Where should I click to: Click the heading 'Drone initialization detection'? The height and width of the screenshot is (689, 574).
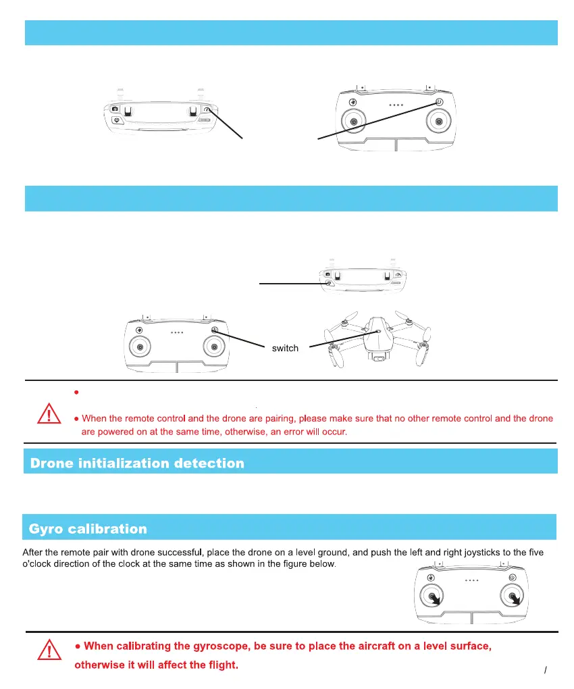pos(136,463)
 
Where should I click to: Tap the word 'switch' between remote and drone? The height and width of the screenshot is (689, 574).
pos(285,349)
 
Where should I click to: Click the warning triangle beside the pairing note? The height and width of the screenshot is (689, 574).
pos(48,413)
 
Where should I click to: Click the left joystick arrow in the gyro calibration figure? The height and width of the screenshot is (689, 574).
pos(435,598)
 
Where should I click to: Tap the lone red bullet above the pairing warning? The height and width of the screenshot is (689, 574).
pos(77,392)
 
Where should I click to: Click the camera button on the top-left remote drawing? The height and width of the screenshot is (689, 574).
pos(115,109)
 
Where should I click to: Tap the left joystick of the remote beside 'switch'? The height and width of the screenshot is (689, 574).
pos(140,347)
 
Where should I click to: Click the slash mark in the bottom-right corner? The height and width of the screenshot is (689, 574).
pos(545,671)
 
